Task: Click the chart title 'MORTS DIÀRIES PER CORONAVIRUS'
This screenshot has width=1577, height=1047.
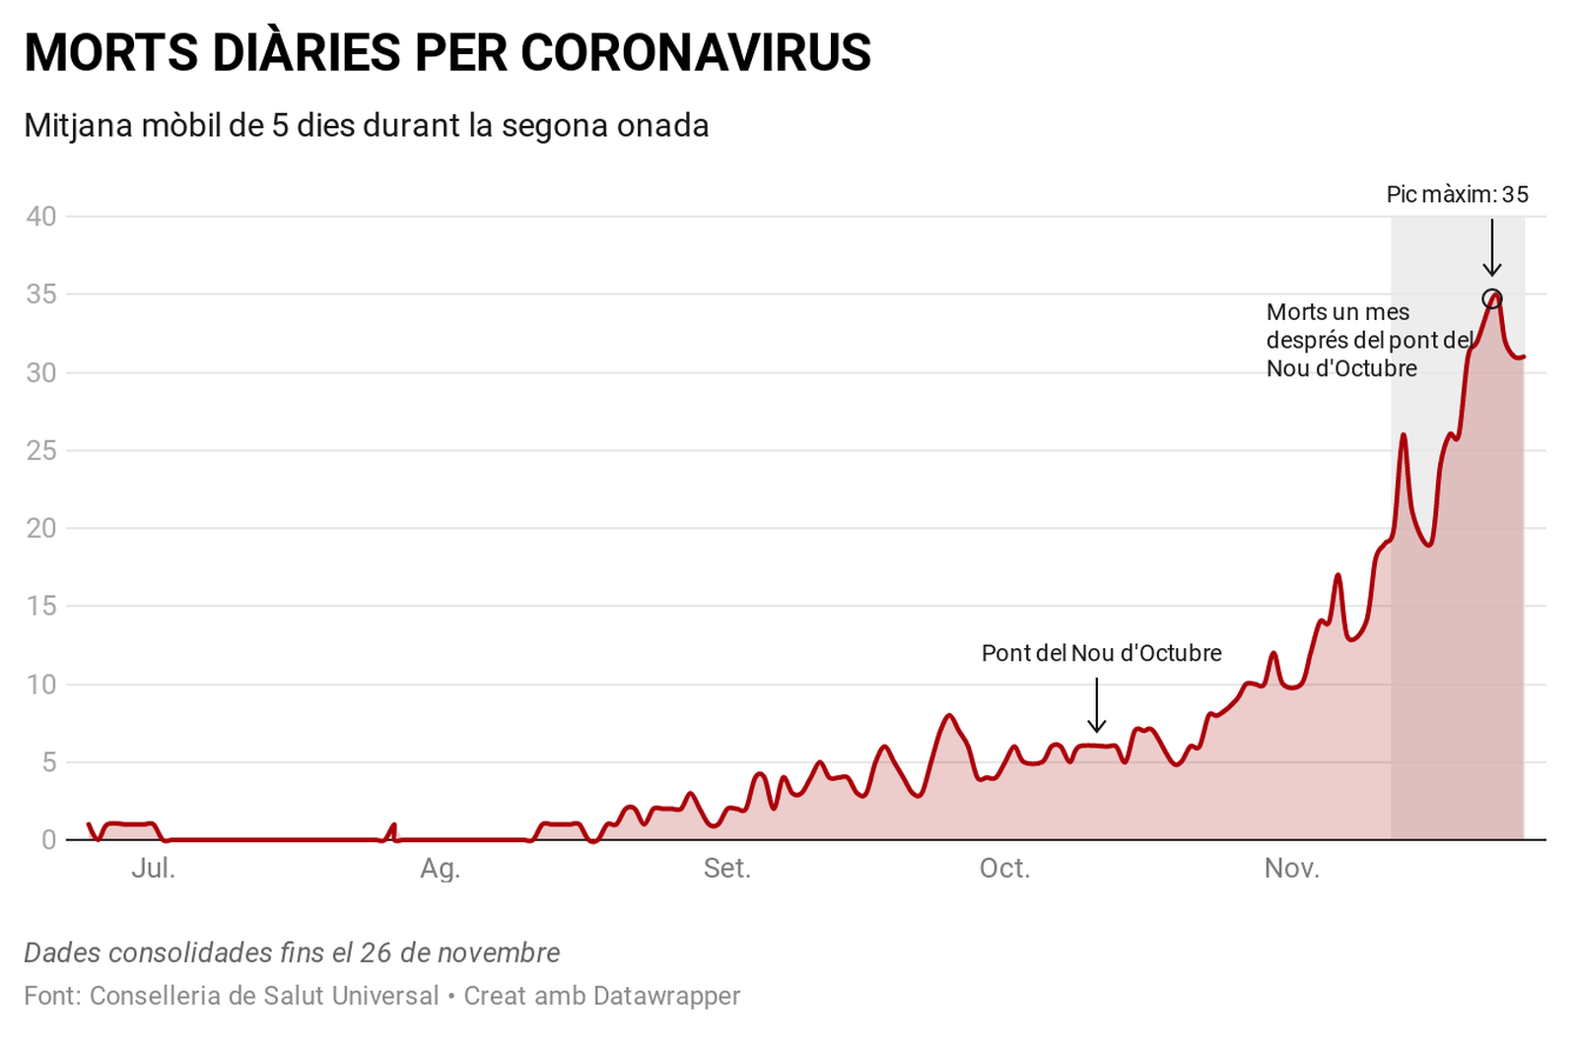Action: click(x=447, y=52)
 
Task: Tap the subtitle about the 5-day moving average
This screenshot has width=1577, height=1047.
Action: click(x=366, y=126)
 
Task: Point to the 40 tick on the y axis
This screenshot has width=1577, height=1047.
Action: click(x=41, y=217)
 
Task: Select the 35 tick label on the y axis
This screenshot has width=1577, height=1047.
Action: click(x=41, y=294)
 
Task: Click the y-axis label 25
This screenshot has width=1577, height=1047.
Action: click(x=41, y=451)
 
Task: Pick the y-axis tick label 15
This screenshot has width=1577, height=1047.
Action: click(x=41, y=607)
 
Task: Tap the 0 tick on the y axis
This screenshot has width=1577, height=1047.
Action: click(x=48, y=841)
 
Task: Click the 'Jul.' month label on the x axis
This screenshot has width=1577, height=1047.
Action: click(x=153, y=869)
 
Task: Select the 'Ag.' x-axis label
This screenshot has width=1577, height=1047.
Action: click(x=440, y=869)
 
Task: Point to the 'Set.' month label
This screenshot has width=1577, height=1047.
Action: click(x=726, y=869)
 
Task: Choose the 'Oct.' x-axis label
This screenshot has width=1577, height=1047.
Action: click(x=1004, y=869)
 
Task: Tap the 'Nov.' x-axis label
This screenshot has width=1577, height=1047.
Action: click(x=1291, y=869)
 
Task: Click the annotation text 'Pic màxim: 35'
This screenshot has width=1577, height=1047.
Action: click(x=1457, y=195)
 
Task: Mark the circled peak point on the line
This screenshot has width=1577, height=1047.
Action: click(x=1492, y=298)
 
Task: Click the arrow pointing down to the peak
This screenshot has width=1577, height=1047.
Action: click(x=1492, y=248)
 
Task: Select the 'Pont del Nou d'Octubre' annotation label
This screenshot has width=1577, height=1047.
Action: click(x=1101, y=653)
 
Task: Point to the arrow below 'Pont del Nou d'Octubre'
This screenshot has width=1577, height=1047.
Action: click(x=1096, y=705)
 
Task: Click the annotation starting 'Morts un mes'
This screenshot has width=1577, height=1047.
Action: click(x=1368, y=340)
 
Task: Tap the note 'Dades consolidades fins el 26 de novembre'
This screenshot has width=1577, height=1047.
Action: click(x=292, y=952)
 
